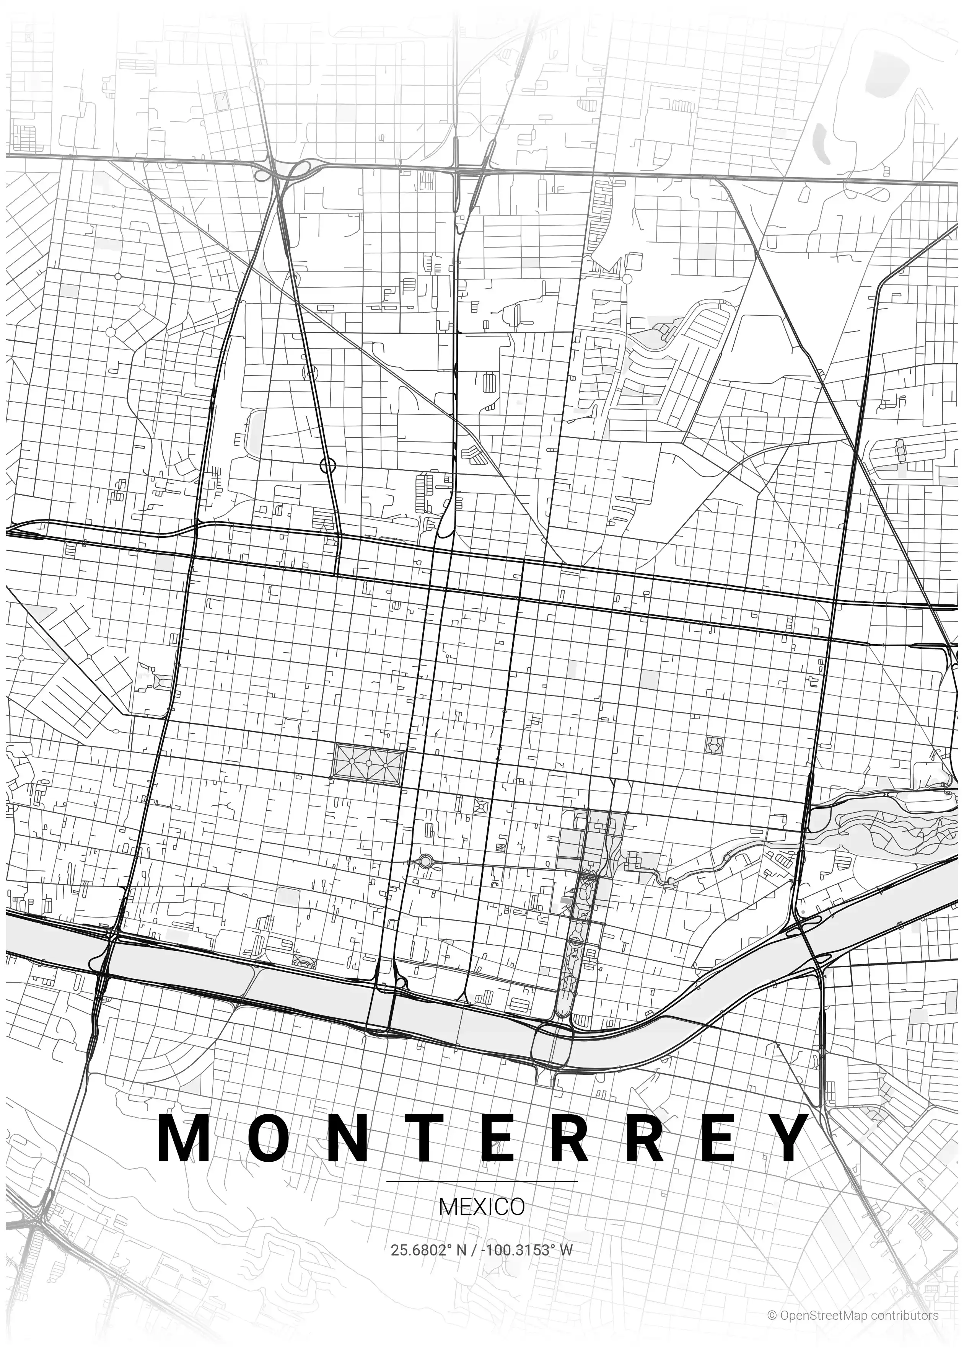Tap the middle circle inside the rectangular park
pyautogui.click(x=369, y=763)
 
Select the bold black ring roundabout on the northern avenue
pyautogui.click(x=328, y=465)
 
